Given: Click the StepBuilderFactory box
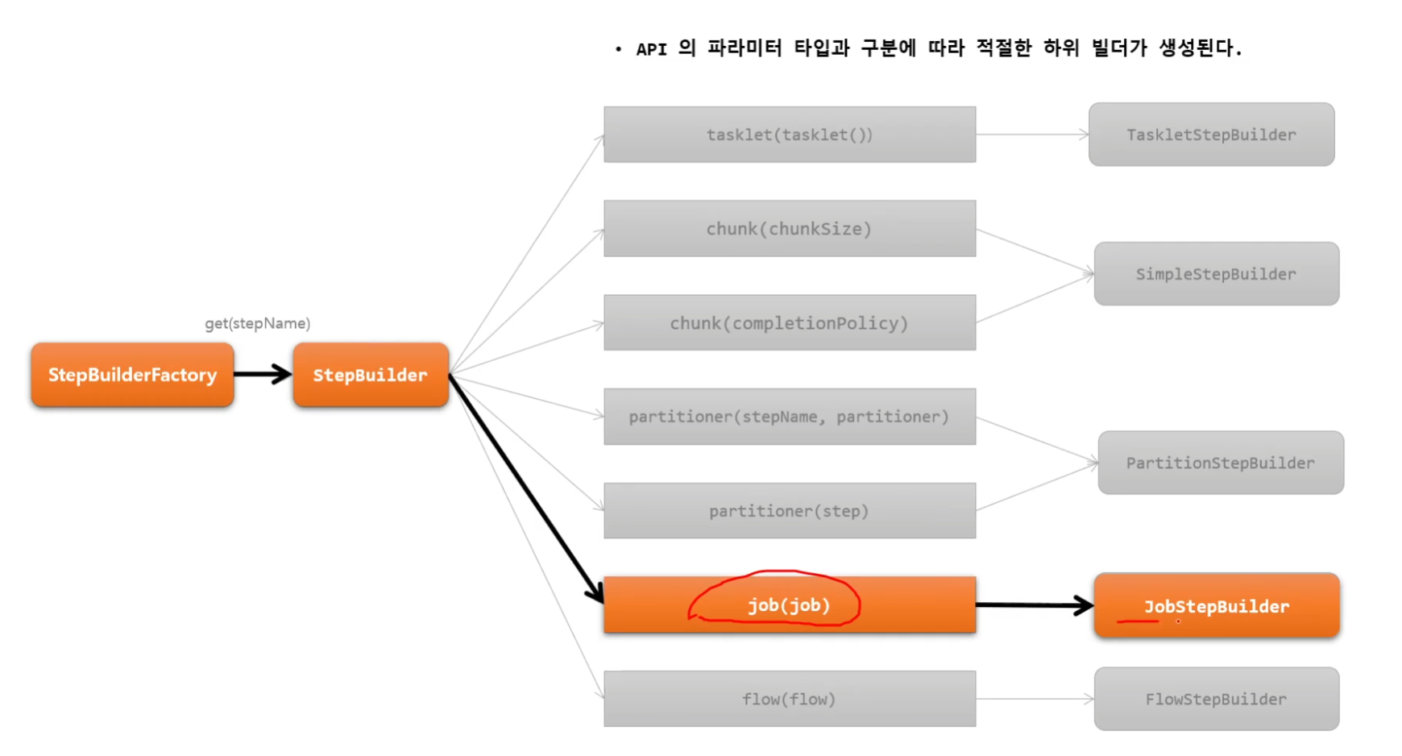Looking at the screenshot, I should (x=133, y=375).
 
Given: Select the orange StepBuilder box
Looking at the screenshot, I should (x=371, y=375).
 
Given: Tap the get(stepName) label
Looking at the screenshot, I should (x=257, y=323).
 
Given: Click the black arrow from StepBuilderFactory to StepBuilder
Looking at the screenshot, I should (x=263, y=374).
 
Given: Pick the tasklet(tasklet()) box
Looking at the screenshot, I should (x=790, y=135).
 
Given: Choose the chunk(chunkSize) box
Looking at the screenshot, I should (x=790, y=229).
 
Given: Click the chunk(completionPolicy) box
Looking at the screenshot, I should (x=790, y=323).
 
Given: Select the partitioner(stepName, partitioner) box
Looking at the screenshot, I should (x=790, y=417).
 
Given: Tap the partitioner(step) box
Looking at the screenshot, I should (x=790, y=511).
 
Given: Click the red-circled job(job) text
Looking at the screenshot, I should (x=789, y=605).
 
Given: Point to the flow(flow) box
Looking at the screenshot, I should (x=790, y=699).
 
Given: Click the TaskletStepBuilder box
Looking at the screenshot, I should (x=1211, y=135).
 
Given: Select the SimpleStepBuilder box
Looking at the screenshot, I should (x=1217, y=274).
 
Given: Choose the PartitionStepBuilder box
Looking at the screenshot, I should (x=1221, y=463).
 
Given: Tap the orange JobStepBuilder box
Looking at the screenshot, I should (x=1217, y=606).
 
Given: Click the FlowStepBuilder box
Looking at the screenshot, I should (x=1217, y=699).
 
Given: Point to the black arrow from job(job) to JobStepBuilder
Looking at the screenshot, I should (x=1035, y=605).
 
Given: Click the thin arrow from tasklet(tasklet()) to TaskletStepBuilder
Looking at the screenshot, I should (x=1032, y=135).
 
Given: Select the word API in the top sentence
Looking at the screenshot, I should (x=651, y=49).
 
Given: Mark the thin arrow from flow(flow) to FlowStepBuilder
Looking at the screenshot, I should (x=1035, y=699).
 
